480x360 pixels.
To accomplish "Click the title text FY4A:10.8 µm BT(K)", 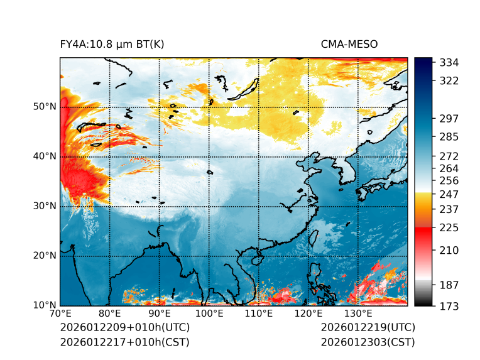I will point(112,44).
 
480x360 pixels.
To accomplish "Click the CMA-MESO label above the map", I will point(349,44).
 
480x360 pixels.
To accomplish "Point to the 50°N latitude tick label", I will point(45,107).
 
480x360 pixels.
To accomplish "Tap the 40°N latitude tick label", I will point(45,156).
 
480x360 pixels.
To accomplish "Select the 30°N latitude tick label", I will point(45,206).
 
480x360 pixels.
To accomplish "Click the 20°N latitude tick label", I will point(45,256).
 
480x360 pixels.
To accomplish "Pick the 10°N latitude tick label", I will point(45,305).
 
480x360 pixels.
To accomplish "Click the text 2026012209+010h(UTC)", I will point(125,328).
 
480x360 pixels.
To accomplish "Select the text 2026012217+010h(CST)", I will point(124,342).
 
